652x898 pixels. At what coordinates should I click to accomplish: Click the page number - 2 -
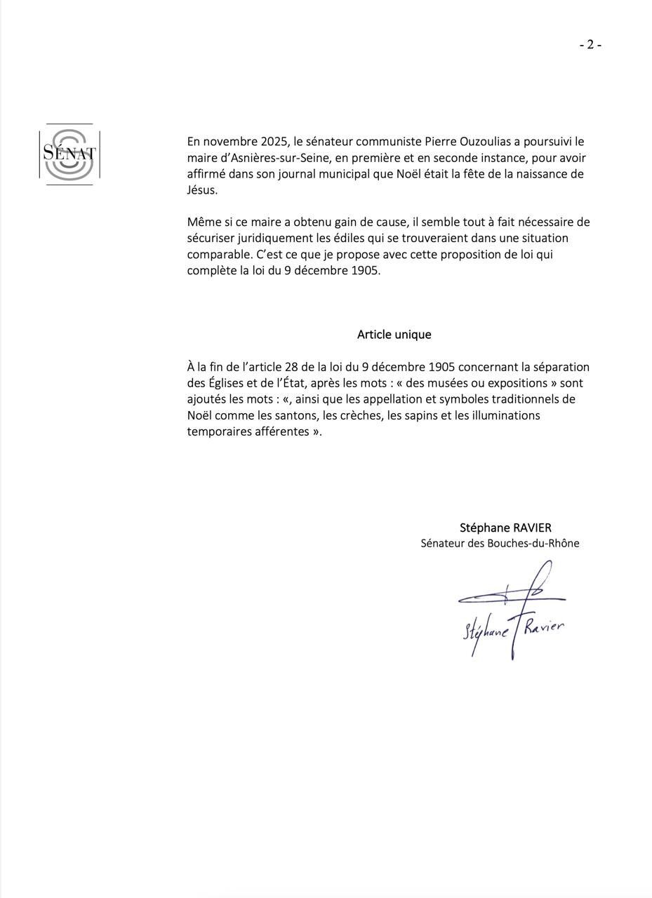pos(590,45)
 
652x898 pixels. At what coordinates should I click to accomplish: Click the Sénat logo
pos(69,154)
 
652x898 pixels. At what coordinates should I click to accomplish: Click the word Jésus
pos(201,190)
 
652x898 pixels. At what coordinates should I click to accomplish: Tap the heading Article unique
pos(394,335)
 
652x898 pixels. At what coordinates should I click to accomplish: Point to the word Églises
pos(229,383)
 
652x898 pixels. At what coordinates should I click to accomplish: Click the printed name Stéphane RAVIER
pos(505,528)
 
